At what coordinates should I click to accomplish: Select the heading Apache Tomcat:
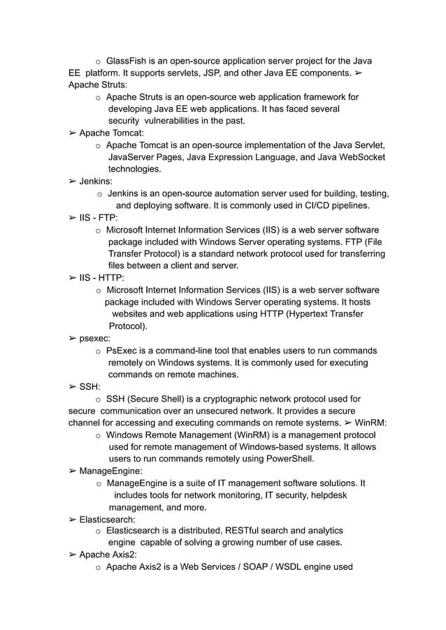tap(111, 133)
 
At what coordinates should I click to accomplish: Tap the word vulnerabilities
tap(175, 121)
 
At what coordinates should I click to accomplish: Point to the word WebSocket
tap(361, 157)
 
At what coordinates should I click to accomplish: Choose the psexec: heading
tap(94, 338)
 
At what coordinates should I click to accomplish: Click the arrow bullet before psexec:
tap(73, 338)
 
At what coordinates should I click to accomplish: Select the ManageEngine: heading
tap(111, 471)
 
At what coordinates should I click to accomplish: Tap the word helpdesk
tap(322, 495)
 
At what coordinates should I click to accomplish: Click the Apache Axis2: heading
tap(108, 555)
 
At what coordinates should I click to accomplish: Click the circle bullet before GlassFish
tap(99, 61)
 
